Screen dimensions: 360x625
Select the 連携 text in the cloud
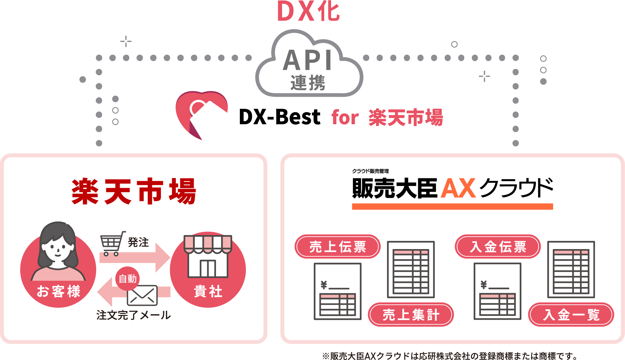click(308, 83)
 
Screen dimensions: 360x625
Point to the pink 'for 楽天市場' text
click(387, 118)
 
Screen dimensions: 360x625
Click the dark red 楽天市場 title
click(134, 192)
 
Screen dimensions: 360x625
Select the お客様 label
click(59, 291)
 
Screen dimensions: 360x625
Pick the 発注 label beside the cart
click(138, 242)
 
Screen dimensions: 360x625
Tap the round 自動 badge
click(127, 279)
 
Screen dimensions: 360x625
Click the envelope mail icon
click(142, 295)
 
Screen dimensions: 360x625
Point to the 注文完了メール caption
click(134, 315)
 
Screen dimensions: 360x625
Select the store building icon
click(208, 256)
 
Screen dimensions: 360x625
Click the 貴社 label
click(208, 291)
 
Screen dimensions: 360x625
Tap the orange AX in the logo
click(458, 189)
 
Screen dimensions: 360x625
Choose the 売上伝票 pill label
click(337, 247)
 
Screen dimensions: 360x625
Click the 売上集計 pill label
click(411, 315)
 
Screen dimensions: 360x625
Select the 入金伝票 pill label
click(498, 247)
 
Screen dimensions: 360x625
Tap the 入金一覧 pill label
click(571, 315)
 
